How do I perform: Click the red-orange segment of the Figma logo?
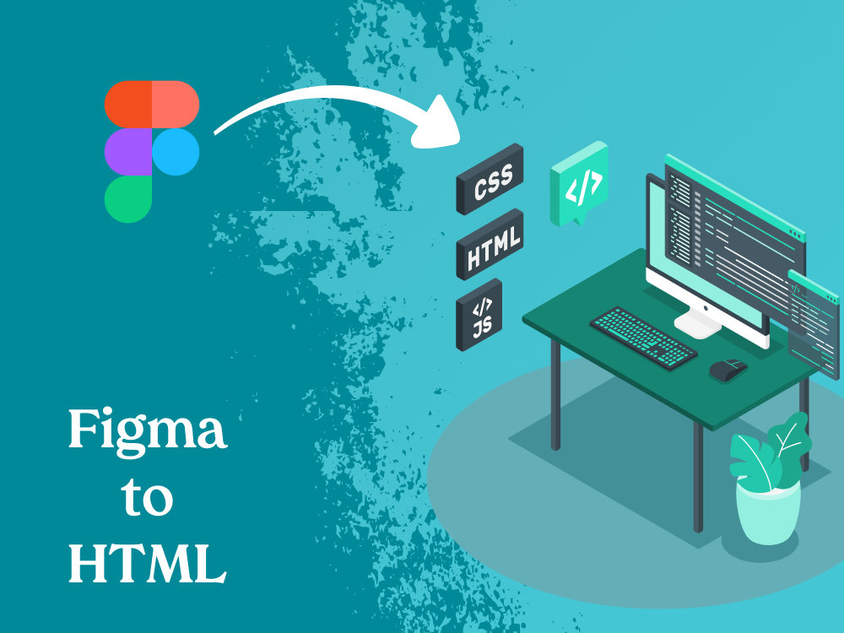(128, 105)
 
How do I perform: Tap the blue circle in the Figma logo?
(176, 152)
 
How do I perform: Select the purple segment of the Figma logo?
(128, 152)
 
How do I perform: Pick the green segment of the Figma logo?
(128, 199)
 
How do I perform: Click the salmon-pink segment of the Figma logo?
(176, 105)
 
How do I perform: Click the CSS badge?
(490, 179)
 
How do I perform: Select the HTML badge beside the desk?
(490, 245)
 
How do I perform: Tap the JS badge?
(479, 315)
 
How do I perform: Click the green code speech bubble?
(579, 183)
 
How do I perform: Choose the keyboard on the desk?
(643, 338)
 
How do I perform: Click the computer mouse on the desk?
(728, 370)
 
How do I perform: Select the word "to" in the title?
(147, 496)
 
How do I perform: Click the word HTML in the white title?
(147, 563)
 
